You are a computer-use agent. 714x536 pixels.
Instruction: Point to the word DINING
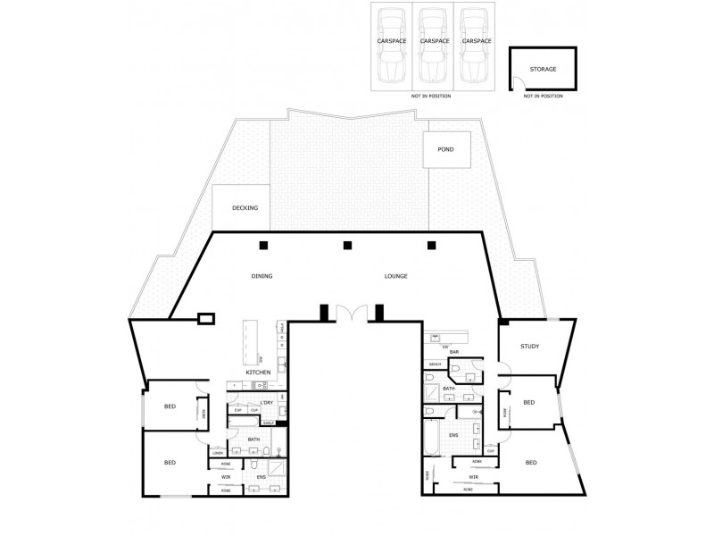262,276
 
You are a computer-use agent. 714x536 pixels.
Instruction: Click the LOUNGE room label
395,276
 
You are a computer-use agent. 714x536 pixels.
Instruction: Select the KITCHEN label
259,372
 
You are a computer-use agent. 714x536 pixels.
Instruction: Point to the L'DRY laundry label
265,403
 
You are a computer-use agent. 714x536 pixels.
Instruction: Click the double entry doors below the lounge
351,314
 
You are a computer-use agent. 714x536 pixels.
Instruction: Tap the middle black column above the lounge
347,246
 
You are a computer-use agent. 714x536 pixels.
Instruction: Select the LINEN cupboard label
218,453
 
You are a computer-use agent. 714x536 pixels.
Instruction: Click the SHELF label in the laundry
268,423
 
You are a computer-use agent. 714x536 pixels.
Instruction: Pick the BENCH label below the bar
435,364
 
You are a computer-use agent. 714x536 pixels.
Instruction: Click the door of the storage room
517,84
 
